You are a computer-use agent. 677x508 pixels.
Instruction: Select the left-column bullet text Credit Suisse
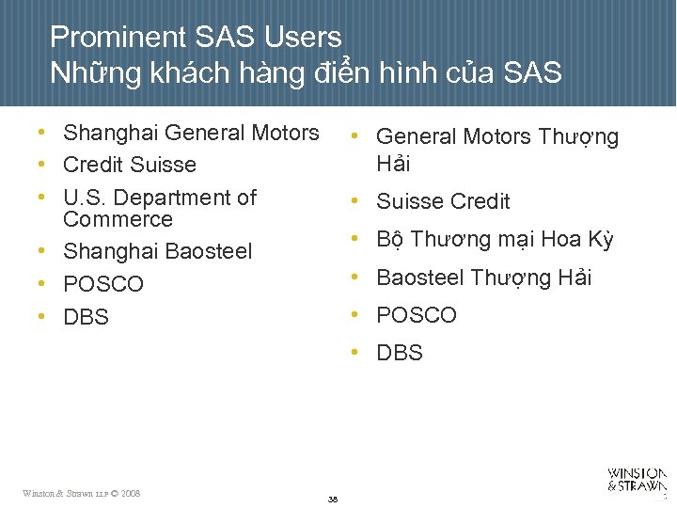pos(129,165)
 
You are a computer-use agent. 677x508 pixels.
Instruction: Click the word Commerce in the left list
pos(118,219)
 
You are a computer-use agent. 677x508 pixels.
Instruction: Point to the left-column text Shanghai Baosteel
pos(157,251)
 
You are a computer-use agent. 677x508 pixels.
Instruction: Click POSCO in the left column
pos(102,284)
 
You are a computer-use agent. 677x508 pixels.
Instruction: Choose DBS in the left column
pos(86,318)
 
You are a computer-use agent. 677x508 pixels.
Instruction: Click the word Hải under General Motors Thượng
pos(393,164)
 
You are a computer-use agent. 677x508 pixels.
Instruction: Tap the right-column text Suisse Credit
pos(443,201)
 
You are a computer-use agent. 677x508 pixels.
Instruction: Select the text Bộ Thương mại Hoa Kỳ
pos(495,239)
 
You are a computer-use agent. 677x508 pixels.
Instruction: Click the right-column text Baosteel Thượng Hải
pos(483,278)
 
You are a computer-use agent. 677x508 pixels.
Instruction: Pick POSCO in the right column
pos(416,315)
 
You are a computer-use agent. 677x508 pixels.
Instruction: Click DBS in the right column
pos(400,353)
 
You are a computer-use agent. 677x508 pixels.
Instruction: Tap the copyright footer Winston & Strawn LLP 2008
pos(82,493)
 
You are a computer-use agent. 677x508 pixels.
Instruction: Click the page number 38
pos(333,499)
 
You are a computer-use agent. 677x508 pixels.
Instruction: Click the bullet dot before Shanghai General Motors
pos(44,133)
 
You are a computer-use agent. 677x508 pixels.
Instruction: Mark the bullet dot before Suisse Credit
pos(357,200)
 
